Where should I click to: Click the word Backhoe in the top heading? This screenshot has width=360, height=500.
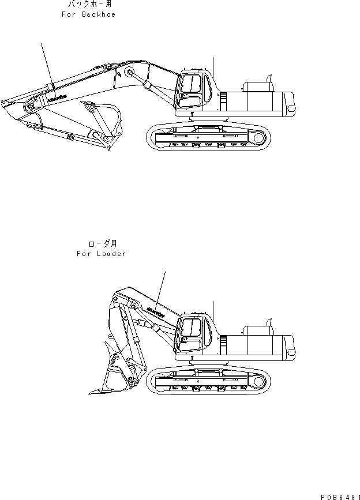[x=97, y=14]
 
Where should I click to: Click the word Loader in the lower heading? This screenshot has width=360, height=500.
[x=112, y=254]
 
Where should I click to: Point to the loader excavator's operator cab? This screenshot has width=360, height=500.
[x=192, y=334]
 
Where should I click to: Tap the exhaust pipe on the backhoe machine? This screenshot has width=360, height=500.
[x=269, y=78]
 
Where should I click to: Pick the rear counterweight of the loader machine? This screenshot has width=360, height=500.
[x=288, y=347]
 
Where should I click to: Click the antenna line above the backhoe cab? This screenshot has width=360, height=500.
[x=213, y=67]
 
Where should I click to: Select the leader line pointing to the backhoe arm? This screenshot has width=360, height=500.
[x=46, y=63]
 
